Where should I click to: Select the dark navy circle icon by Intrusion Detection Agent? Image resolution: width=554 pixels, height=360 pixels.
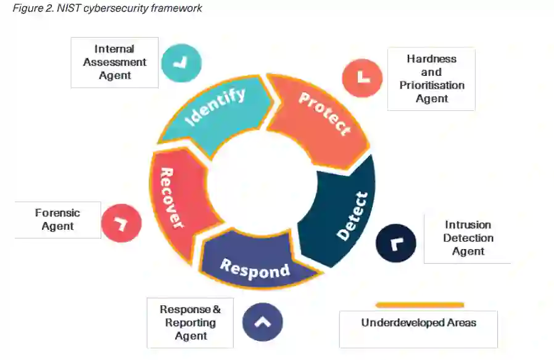395,242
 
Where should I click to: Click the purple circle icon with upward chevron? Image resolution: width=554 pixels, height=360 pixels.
262,321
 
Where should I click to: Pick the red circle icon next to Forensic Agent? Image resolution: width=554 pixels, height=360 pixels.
122,223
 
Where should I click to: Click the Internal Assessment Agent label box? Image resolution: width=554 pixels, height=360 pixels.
115,62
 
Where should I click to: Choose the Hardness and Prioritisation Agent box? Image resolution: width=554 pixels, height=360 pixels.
431,79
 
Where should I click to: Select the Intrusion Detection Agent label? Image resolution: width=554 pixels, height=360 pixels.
468,238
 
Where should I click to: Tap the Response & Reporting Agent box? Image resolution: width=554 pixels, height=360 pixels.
190,322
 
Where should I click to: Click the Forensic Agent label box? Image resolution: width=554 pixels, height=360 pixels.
57,219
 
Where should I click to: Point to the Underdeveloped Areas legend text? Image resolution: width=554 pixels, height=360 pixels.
418,322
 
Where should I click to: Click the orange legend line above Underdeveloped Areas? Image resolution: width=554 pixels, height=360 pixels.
420,305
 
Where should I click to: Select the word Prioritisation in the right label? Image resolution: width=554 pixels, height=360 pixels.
431,85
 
